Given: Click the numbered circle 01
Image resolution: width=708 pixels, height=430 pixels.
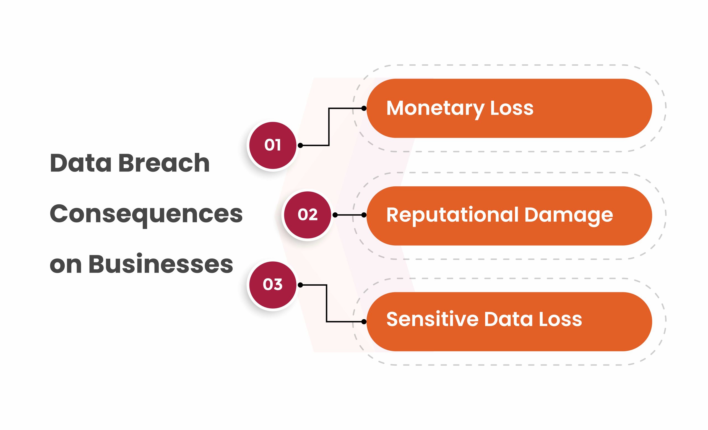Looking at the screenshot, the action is [273, 145].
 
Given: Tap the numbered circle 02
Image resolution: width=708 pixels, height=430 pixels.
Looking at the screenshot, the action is [308, 215].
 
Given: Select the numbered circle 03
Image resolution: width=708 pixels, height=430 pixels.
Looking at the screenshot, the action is [273, 285].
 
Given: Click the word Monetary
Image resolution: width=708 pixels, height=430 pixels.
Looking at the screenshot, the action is [435, 109].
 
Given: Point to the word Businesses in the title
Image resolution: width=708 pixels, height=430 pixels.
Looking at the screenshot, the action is [161, 264].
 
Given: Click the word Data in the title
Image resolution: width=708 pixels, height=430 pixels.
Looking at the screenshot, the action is [81, 163].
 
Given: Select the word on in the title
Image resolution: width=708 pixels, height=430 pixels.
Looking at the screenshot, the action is [66, 266].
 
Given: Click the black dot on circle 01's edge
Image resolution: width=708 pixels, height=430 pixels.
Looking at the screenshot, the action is [300, 145].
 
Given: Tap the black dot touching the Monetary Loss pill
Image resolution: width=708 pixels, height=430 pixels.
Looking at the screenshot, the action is [364, 108].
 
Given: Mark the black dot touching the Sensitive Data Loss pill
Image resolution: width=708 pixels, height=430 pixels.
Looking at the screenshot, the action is [364, 322].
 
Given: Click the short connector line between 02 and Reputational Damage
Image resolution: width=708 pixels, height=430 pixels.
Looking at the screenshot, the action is [349, 215].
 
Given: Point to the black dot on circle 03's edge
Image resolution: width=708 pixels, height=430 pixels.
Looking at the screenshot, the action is [300, 285].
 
